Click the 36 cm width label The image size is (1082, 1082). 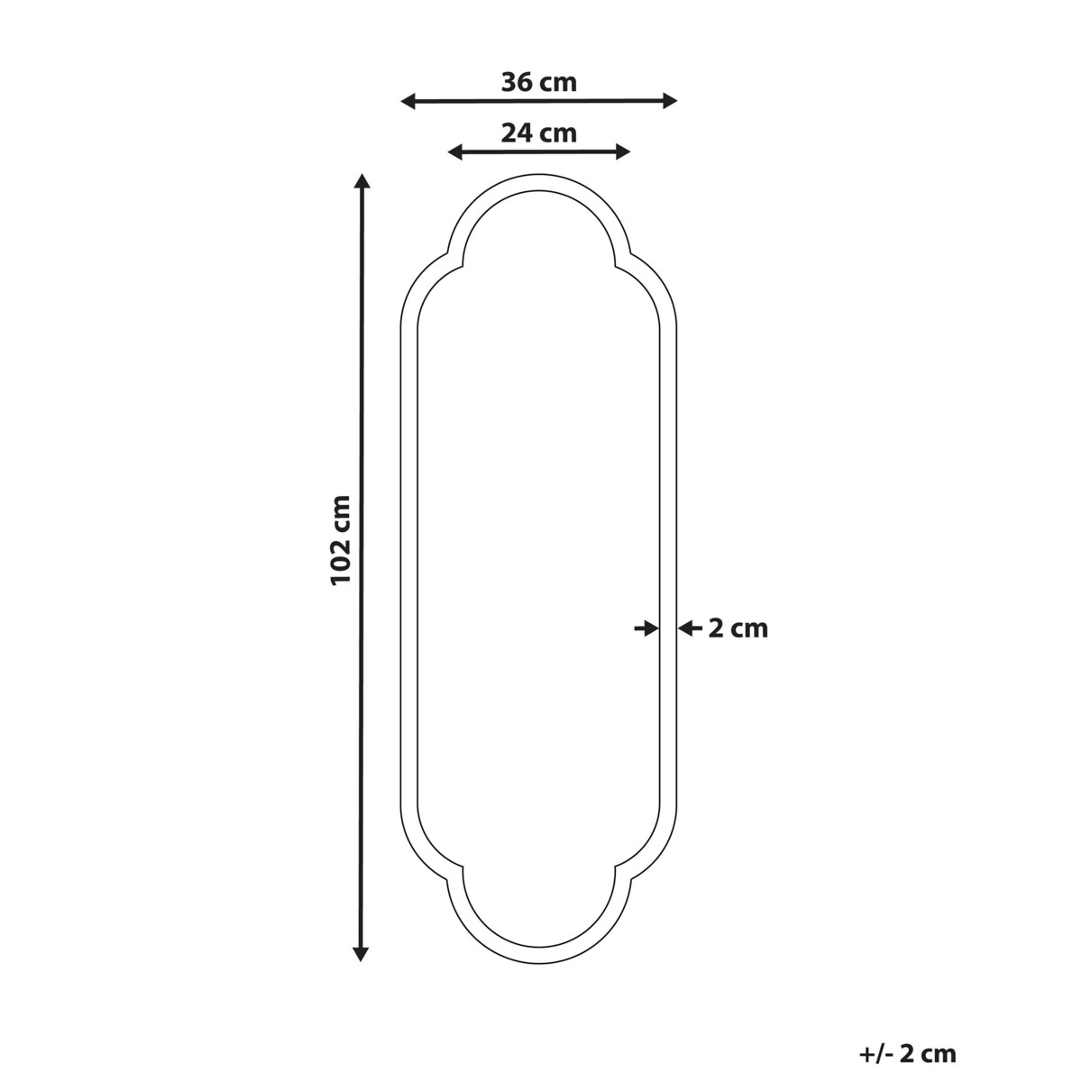pos(538,82)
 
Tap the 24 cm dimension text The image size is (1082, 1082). pos(538,133)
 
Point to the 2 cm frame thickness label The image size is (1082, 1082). pos(738,628)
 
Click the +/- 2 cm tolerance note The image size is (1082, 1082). pos(907,1052)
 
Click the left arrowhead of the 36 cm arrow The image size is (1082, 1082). pos(408,101)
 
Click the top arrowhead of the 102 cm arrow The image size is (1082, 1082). pos(362,181)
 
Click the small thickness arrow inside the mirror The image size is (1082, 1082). pos(646,628)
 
